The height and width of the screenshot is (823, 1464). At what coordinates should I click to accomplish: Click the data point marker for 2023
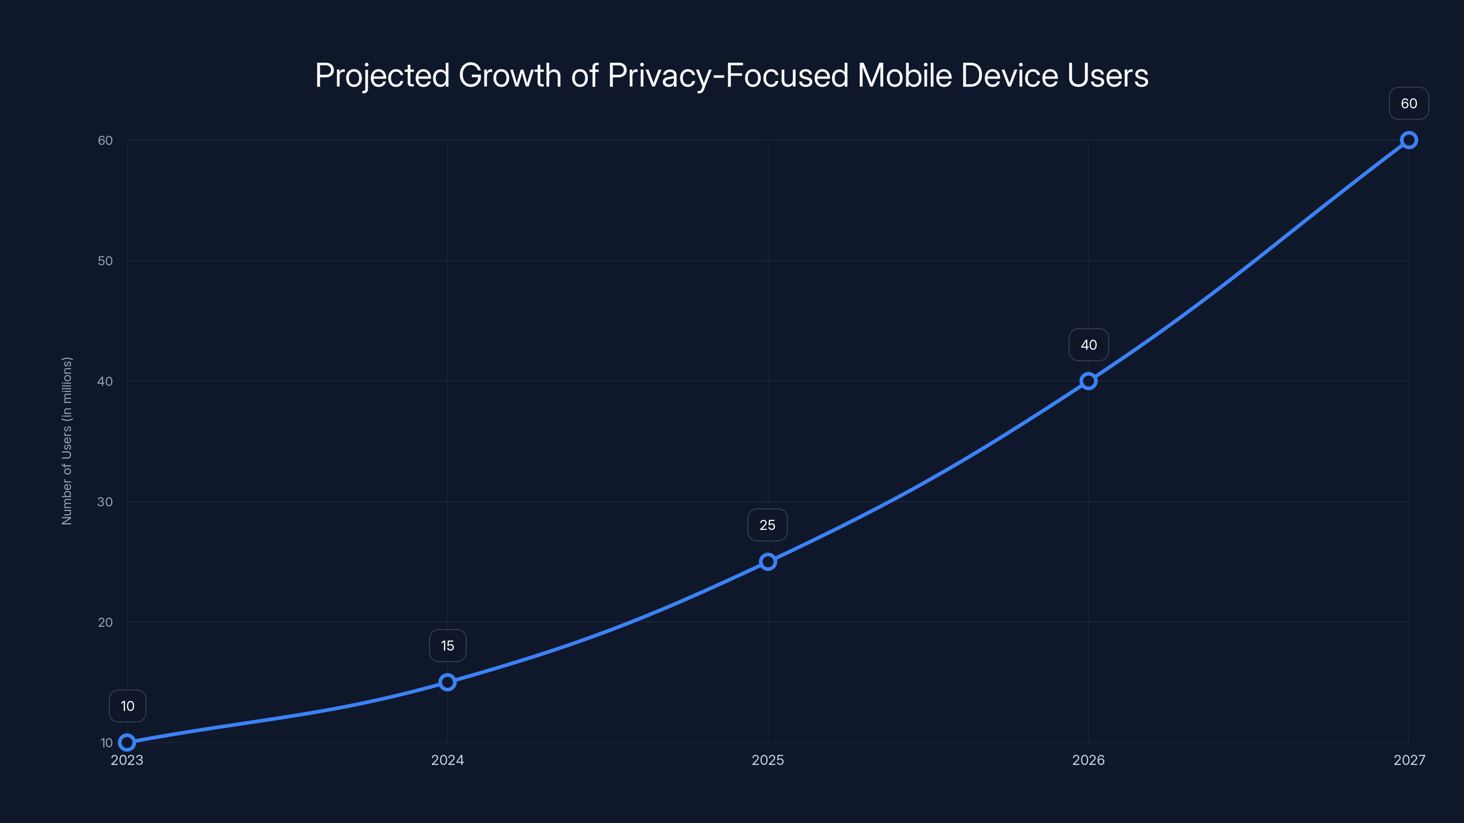(127, 743)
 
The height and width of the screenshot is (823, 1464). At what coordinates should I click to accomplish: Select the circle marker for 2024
(447, 682)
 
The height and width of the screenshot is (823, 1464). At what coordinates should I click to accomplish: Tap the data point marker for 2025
(768, 562)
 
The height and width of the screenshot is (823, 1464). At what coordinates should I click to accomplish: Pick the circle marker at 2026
(1088, 381)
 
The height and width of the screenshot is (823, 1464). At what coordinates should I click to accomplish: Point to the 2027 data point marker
(1409, 140)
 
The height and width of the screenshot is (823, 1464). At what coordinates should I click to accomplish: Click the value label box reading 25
(767, 525)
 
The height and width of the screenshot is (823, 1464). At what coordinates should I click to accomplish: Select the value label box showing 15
(447, 646)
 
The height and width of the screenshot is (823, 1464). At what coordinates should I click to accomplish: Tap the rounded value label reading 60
(1409, 103)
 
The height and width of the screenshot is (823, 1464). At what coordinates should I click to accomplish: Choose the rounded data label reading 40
(1088, 345)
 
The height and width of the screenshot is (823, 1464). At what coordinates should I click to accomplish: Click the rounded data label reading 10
(127, 706)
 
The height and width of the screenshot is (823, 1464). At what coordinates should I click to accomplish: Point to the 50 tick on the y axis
(105, 261)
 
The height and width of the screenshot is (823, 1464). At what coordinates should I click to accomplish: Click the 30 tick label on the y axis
(105, 502)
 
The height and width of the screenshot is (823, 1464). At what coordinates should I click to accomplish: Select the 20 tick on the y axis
(105, 622)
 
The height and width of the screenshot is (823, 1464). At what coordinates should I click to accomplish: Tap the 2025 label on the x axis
(768, 760)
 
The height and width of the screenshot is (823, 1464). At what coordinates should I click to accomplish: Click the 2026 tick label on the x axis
(1088, 760)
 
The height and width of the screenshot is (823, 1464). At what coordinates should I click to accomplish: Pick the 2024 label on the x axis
(447, 760)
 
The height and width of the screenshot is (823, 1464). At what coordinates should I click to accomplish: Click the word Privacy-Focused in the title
(727, 75)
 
